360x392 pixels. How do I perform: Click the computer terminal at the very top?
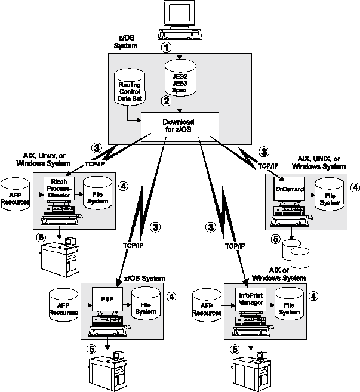pos(179,18)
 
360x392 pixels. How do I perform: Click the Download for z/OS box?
pos(179,125)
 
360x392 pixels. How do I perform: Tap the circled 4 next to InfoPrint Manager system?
pos(313,295)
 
